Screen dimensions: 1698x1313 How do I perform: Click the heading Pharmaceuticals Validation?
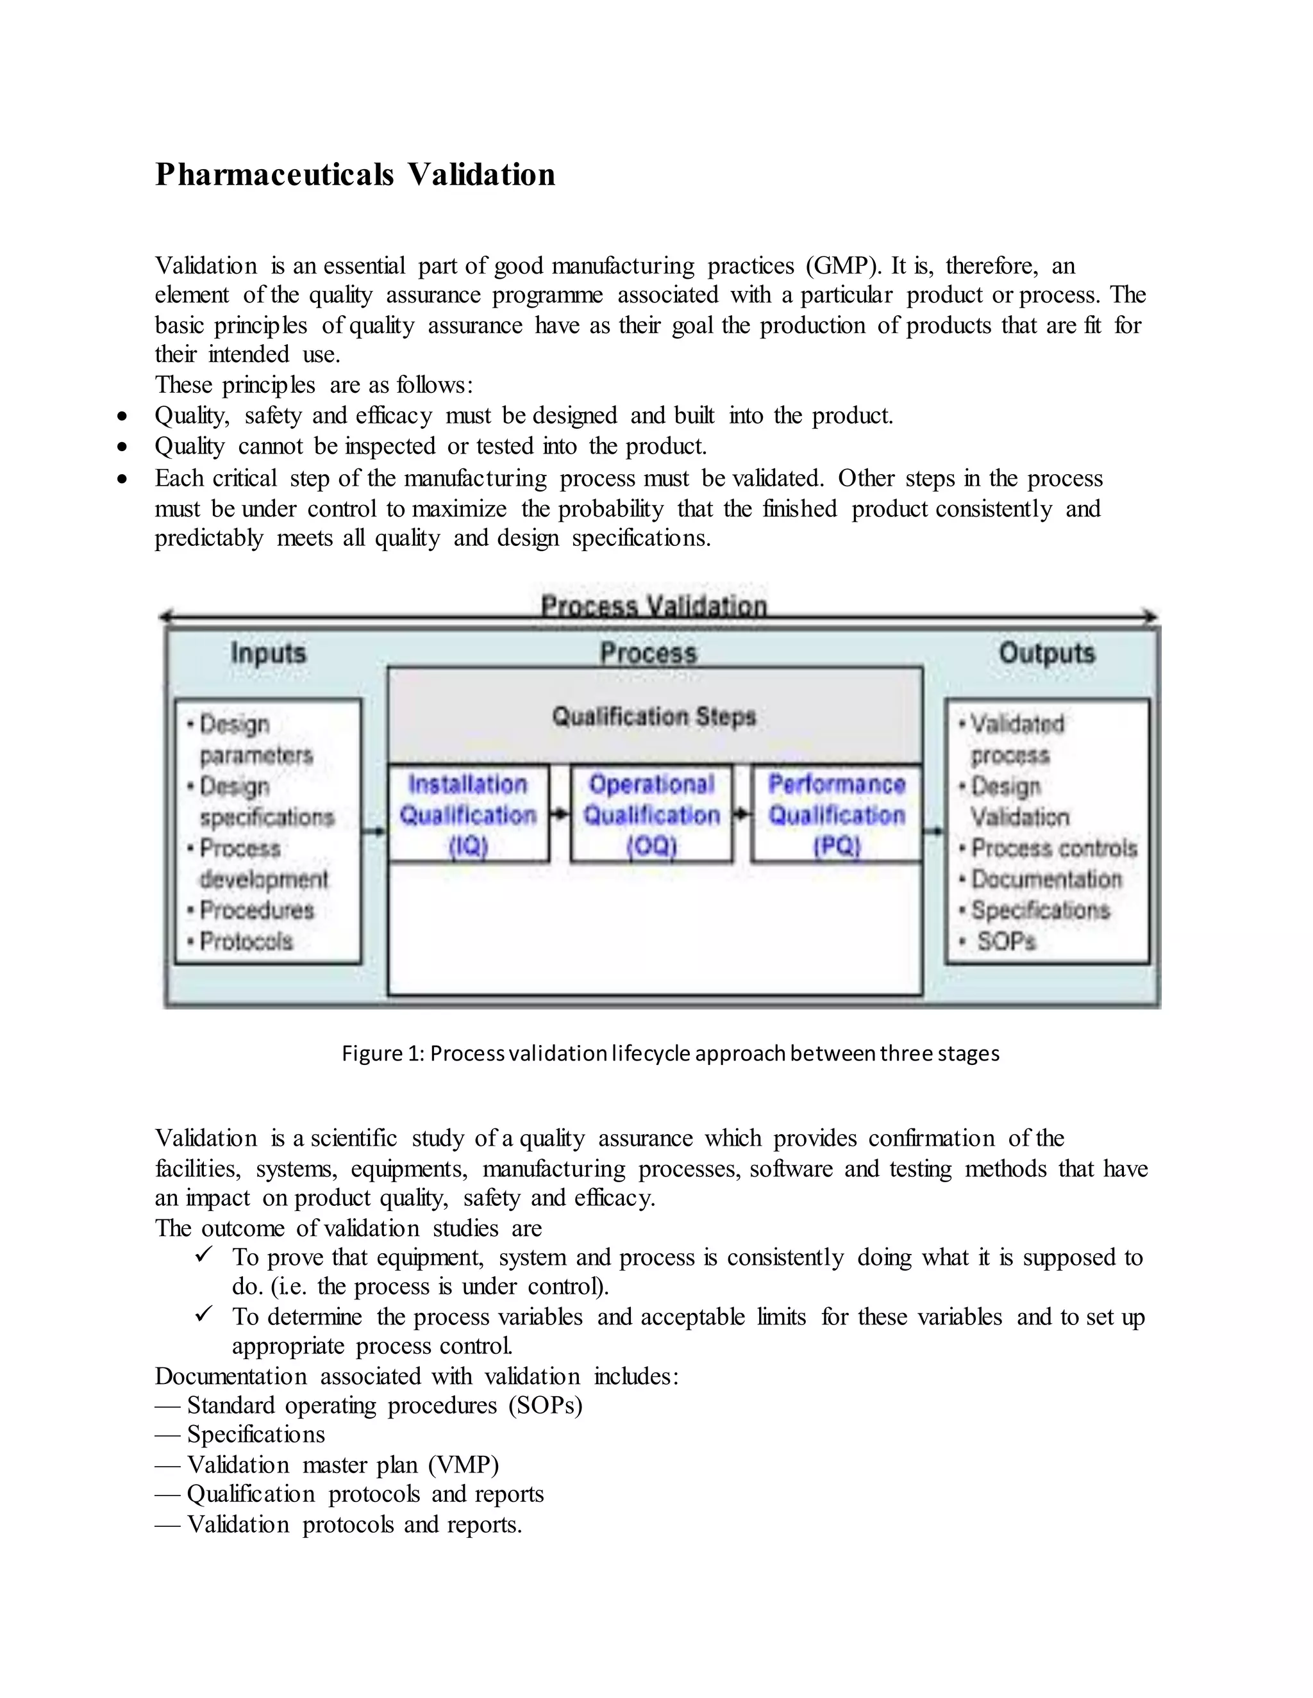[355, 174]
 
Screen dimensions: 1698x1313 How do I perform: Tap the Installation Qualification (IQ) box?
[468, 814]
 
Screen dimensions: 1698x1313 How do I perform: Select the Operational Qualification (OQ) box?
[651, 814]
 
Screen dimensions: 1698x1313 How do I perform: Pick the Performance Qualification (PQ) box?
[836, 814]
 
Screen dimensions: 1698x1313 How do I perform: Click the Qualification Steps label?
[653, 716]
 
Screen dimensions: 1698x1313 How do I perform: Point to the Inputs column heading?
[269, 653]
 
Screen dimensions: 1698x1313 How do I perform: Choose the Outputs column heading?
[1046, 653]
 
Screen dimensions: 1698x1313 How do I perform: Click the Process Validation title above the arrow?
[653, 605]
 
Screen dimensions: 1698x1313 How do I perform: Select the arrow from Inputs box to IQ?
[374, 831]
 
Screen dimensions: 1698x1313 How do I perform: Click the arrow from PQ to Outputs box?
[933, 831]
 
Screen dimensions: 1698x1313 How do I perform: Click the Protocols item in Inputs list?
[246, 941]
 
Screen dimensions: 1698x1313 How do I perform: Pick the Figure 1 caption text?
[671, 1053]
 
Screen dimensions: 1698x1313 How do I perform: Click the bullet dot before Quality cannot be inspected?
[122, 447]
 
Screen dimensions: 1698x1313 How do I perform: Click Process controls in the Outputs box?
[1053, 848]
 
